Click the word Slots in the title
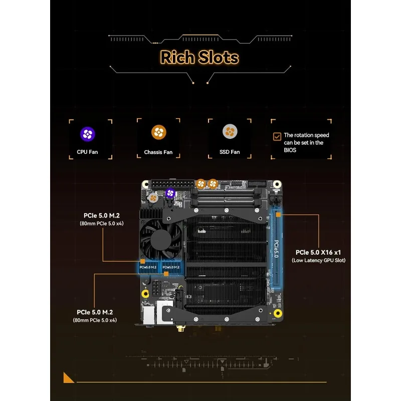[219, 57]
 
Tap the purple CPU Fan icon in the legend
[87, 134]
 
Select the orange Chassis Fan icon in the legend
[158, 132]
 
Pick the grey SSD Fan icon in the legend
[230, 131]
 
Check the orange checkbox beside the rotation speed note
[277, 136]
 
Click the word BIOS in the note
[290, 150]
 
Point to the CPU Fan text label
[87, 152]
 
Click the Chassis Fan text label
[158, 152]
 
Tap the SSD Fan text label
[230, 152]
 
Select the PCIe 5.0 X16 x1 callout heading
[318, 252]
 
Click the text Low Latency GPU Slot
[318, 260]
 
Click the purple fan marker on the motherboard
[169, 193]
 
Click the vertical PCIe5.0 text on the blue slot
[276, 249]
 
